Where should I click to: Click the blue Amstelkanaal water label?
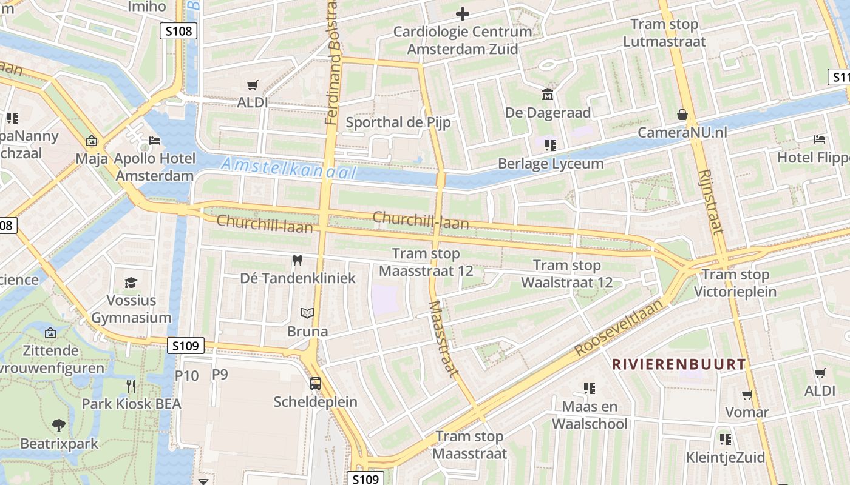[x=288, y=168]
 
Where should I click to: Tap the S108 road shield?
[x=178, y=31]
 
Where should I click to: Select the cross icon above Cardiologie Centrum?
[x=463, y=13]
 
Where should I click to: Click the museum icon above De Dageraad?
[x=548, y=95]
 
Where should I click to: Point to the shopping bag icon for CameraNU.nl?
[x=682, y=115]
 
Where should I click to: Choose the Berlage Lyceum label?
[x=551, y=164]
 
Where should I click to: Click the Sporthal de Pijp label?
[x=398, y=122]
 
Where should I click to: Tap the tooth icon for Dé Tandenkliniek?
[x=297, y=260]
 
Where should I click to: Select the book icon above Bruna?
[x=308, y=313]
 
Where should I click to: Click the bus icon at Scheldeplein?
[x=315, y=383]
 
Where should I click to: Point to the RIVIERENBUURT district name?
[x=678, y=364]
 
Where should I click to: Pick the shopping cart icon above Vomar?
[x=747, y=395]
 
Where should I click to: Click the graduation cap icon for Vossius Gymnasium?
[x=131, y=283]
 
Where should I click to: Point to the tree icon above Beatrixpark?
[x=59, y=425]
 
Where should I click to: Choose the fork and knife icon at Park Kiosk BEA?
[x=131, y=385]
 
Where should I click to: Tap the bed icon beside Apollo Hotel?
[x=155, y=141]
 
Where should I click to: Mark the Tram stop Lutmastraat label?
[x=664, y=33]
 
